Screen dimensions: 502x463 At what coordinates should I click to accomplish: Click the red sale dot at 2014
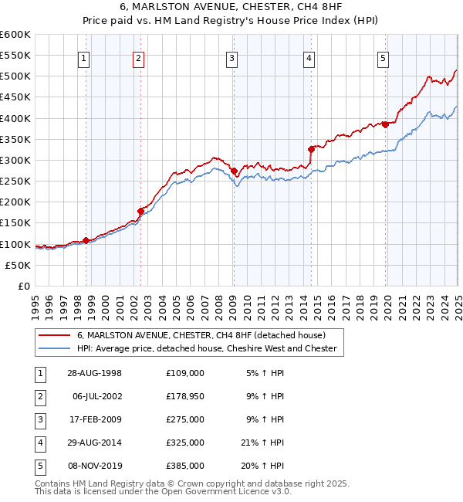311,149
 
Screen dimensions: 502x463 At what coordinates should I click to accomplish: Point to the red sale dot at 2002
140,211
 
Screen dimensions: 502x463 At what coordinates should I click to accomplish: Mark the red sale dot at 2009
234,171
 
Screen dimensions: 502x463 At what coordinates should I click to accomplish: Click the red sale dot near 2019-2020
384,124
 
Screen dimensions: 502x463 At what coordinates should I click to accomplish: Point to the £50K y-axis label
17,265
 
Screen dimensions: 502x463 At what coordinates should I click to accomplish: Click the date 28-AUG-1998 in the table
95,373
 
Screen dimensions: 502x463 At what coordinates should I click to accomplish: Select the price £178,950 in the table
185,396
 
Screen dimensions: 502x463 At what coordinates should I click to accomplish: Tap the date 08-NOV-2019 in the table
95,466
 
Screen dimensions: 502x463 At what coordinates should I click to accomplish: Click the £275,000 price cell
185,419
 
